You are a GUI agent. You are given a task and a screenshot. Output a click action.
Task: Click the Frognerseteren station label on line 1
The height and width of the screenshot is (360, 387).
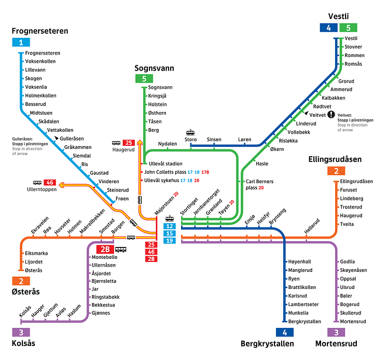click(43, 53)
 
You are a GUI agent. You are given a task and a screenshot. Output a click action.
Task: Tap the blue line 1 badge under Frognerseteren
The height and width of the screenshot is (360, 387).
click(21, 43)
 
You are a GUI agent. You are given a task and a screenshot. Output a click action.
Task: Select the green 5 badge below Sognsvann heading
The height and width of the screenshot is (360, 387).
click(144, 79)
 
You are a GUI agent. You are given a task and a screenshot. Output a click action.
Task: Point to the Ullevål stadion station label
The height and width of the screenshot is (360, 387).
click(165, 164)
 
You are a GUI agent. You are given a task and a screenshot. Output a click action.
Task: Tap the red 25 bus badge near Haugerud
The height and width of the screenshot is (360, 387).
click(129, 143)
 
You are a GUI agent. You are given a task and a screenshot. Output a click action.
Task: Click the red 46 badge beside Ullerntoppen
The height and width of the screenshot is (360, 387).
click(50, 183)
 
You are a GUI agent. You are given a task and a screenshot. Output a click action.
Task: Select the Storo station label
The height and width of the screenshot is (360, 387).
click(190, 140)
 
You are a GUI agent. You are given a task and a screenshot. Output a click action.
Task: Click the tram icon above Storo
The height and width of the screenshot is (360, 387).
click(190, 132)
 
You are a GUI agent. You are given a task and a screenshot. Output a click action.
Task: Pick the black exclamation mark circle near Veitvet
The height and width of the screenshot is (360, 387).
click(331, 114)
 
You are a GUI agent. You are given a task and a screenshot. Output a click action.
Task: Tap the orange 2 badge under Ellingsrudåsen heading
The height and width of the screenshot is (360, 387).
click(336, 171)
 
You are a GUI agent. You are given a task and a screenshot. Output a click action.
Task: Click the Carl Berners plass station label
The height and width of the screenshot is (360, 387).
click(259, 185)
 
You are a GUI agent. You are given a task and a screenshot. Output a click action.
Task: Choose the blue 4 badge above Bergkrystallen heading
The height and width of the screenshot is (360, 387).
click(284, 333)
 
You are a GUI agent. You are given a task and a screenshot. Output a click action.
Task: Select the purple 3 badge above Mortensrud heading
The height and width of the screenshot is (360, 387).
click(336, 333)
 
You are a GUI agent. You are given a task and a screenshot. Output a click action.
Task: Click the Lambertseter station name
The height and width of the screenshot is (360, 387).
click(303, 304)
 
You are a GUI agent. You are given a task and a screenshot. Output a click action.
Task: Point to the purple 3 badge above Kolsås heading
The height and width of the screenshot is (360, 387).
click(21, 333)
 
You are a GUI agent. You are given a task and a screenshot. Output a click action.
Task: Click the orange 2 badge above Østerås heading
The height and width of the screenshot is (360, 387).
click(21, 281)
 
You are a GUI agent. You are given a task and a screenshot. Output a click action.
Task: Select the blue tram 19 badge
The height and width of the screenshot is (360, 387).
click(169, 241)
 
